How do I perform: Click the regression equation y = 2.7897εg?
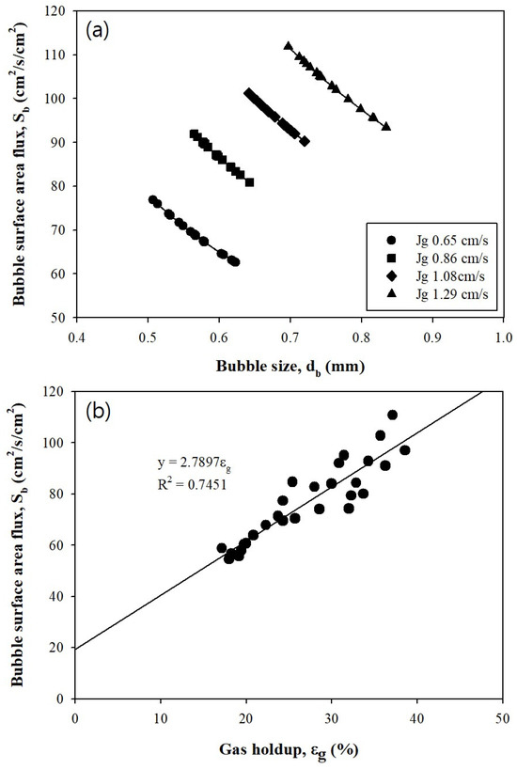[196, 463]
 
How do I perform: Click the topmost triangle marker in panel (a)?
[289, 45]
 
